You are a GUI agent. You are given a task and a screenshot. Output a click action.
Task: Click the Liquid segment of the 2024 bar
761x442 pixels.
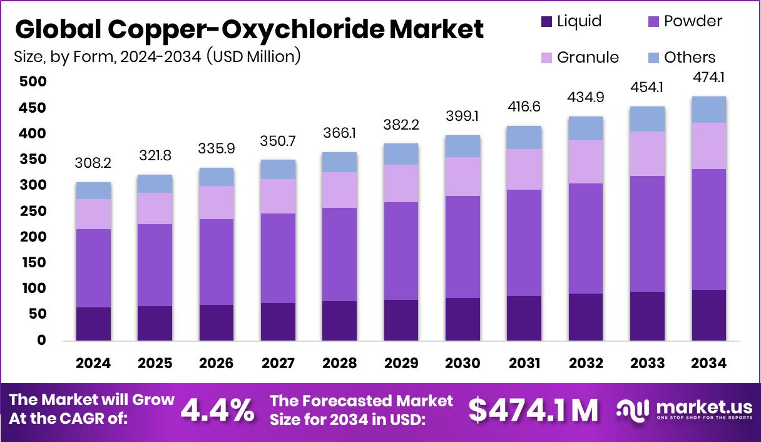click(93, 324)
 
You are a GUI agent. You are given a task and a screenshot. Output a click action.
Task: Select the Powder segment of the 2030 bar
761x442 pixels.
click(462, 247)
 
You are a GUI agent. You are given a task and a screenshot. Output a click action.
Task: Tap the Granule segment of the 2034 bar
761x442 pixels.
click(708, 146)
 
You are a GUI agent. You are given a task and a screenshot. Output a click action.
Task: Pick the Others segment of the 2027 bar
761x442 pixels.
click(278, 169)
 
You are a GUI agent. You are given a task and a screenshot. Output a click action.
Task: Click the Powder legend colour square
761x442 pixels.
click(652, 22)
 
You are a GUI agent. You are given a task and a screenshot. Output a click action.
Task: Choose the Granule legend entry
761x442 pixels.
click(580, 58)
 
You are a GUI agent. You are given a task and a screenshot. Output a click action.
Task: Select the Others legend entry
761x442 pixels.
click(681, 58)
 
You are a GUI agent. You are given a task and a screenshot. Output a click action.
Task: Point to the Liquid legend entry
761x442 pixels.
click(571, 22)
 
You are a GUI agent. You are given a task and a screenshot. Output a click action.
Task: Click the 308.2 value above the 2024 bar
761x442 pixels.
click(93, 164)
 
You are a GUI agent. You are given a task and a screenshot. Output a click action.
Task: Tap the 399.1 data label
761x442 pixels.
click(462, 116)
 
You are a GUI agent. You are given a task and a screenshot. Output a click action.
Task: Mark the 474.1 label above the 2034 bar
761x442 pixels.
click(708, 78)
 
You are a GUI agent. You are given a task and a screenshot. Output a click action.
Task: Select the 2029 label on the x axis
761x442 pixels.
click(401, 364)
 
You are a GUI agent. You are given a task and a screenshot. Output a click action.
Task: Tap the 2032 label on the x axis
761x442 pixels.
click(586, 364)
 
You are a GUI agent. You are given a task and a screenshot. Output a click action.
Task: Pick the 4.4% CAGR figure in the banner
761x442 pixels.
click(217, 411)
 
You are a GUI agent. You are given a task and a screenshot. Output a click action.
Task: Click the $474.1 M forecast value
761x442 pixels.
click(533, 410)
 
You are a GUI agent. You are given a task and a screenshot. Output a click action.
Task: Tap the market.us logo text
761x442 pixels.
click(700, 407)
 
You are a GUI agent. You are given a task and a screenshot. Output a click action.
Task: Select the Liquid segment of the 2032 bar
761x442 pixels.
click(586, 317)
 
